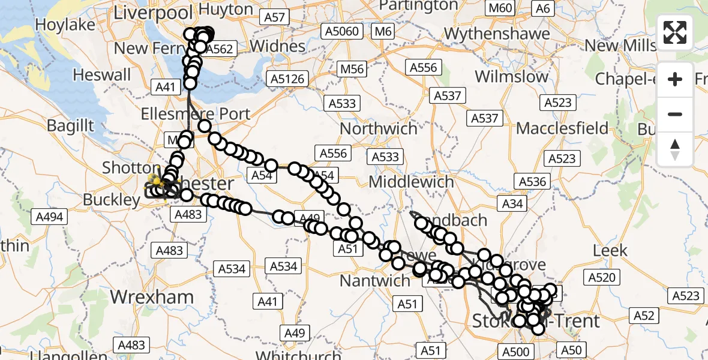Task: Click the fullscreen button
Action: (x=675, y=32)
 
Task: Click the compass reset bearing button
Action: (x=675, y=149)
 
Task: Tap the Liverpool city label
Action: (x=153, y=13)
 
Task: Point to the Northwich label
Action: (x=379, y=128)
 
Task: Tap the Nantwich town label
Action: (x=375, y=280)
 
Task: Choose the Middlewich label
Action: (x=411, y=181)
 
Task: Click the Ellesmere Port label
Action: (x=196, y=113)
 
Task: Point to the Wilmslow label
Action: (x=512, y=77)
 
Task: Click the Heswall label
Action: (x=101, y=75)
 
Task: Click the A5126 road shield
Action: (x=289, y=79)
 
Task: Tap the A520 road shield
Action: (x=602, y=277)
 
